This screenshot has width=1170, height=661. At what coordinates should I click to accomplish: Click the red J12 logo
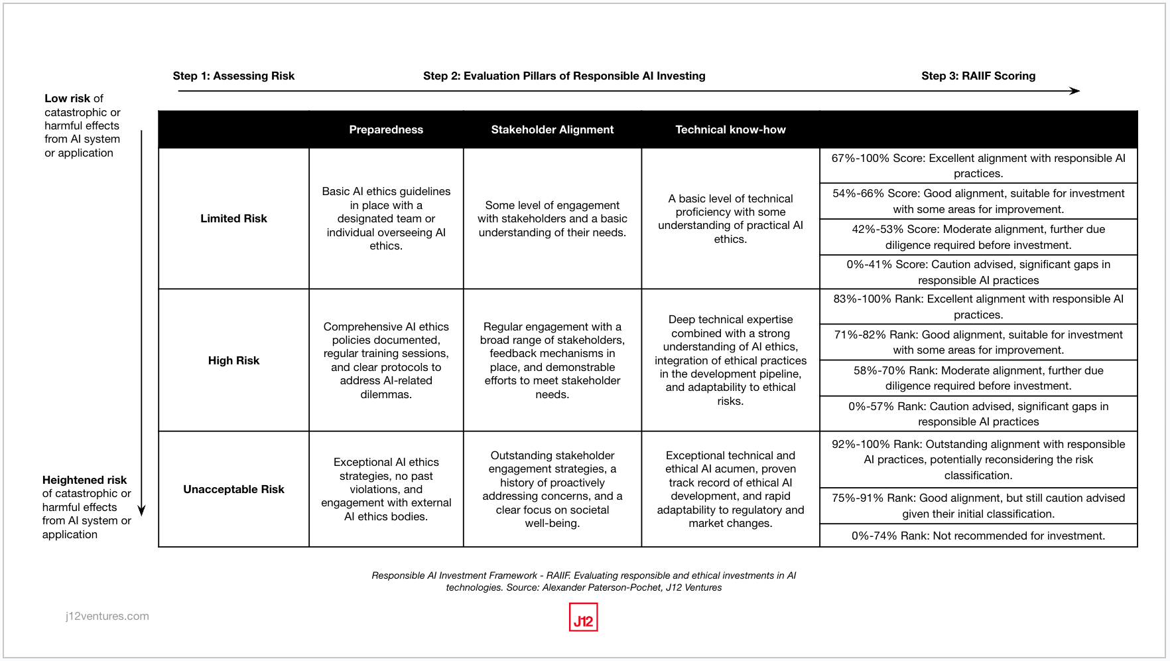point(583,617)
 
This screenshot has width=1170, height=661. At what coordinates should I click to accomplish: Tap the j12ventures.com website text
point(107,616)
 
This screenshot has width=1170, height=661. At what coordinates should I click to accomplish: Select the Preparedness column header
point(386,129)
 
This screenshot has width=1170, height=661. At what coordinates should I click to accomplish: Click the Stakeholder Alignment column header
point(552,129)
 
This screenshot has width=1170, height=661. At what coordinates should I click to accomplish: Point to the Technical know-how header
point(730,129)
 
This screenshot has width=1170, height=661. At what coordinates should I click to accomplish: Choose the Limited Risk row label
point(233,218)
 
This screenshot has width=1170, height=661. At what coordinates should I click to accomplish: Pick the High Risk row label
point(233,360)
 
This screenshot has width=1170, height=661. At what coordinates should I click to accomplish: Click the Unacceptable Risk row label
point(233,489)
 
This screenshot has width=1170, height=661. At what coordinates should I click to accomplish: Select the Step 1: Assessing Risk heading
point(233,76)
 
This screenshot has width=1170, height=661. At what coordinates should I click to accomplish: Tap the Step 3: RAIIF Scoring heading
point(978,76)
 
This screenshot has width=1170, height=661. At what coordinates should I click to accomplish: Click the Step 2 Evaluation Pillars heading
point(564,76)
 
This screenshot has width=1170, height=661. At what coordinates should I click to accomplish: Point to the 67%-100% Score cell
point(978,166)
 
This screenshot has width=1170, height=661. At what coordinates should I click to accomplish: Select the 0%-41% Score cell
point(978,272)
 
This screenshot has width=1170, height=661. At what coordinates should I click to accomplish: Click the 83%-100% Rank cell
point(978,307)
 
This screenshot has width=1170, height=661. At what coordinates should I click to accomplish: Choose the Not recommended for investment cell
point(978,536)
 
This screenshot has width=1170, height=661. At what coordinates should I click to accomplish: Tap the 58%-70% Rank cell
point(978,378)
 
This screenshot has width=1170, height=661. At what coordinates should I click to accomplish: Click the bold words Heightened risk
point(84,480)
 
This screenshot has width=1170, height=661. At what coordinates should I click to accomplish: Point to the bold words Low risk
point(67,98)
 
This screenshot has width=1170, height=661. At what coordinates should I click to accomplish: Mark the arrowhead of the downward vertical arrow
point(141,511)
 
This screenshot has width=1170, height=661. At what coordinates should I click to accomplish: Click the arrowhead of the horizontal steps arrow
point(1075,91)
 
